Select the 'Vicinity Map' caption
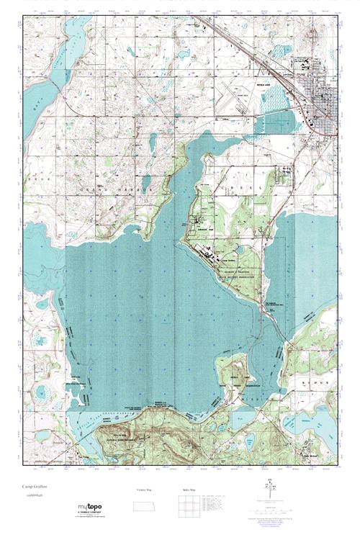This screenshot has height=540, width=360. pos(144,489)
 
